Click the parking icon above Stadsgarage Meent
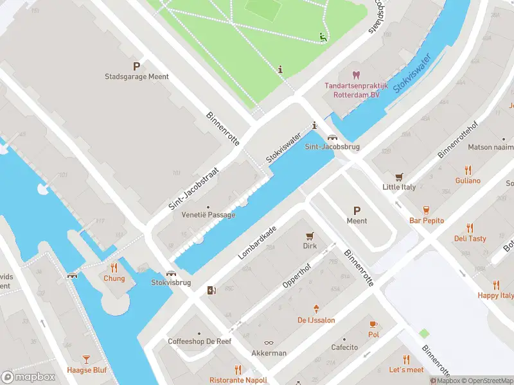pos(136,65)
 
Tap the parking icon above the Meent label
pos(357,210)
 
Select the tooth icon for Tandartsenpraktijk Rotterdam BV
pos(357,75)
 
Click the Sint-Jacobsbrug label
pos(332,147)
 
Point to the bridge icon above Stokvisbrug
pos(172,273)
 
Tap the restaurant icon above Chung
pos(114,268)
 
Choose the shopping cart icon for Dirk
pos(310,235)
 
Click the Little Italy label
pos(399,187)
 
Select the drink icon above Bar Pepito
pos(427,210)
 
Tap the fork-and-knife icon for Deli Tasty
pos(470,228)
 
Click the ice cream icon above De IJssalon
pos(315,309)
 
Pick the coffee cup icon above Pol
pos(373,324)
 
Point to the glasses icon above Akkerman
pos(269,343)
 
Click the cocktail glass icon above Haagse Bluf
pos(87,359)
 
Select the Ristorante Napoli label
pos(238,380)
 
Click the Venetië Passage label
pos(208,215)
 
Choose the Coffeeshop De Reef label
pos(199,341)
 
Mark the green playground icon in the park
pos(323,37)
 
